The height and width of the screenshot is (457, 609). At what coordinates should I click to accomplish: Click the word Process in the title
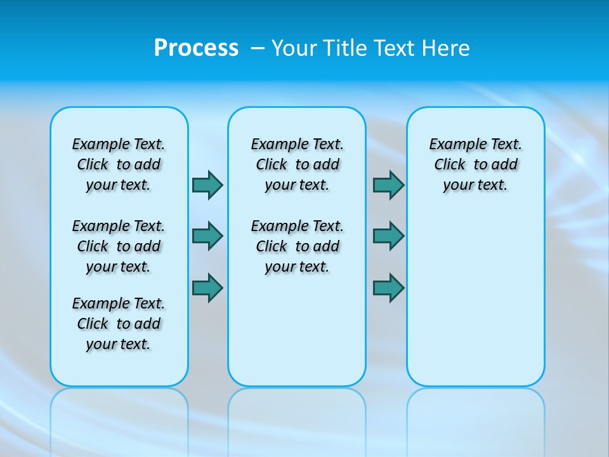point(196,48)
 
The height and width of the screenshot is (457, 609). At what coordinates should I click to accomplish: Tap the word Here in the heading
point(445,48)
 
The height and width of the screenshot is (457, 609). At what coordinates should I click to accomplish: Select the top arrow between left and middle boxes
point(207,185)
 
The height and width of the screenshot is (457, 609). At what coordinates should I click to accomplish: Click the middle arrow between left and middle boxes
point(207,236)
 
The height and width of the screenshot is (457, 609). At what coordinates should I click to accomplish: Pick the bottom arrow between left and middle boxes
point(207,288)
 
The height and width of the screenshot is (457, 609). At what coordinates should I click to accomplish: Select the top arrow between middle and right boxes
point(388,185)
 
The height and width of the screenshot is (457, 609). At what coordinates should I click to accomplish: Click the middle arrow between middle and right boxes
point(388,236)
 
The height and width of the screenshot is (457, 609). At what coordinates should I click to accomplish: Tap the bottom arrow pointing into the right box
point(388,288)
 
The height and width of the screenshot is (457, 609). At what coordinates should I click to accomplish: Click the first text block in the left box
point(119,164)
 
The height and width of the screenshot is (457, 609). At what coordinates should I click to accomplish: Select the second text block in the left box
point(119,246)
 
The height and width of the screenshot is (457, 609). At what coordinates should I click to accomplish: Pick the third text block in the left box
point(119,324)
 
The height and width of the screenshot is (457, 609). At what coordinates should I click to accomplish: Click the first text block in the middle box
point(297,164)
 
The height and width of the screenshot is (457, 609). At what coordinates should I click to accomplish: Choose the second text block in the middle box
point(297,246)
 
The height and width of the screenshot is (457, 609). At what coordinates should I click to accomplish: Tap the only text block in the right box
point(475,164)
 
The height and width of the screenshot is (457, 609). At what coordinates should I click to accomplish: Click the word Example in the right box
point(452,145)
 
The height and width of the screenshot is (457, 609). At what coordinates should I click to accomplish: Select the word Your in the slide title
point(294,48)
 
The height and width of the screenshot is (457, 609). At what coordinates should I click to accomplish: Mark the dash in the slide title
point(258,48)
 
